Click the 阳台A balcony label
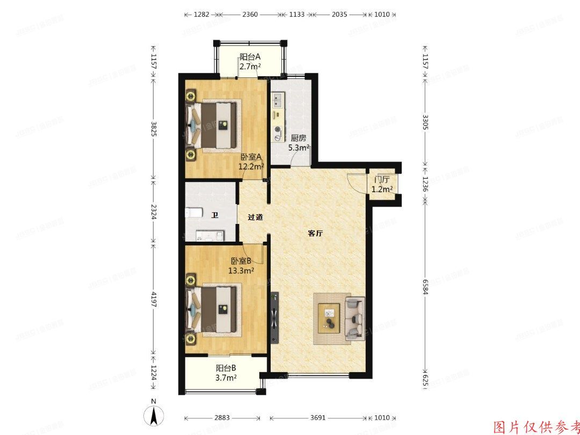[250, 57]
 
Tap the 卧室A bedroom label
[251, 157]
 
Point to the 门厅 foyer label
[382, 179]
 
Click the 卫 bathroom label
[215, 216]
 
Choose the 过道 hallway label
[255, 218]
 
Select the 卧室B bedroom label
[241, 261]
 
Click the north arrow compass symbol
[154, 415]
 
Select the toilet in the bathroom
[194, 213]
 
